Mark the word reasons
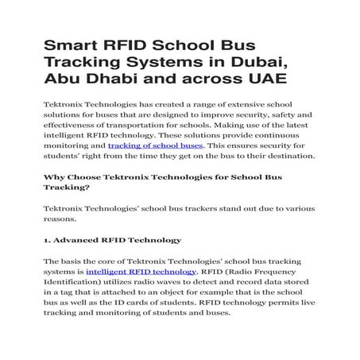click(60, 219)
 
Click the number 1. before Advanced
click(48, 240)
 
